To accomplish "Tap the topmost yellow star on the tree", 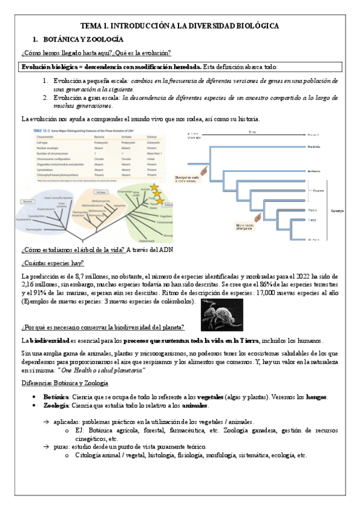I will [154, 187].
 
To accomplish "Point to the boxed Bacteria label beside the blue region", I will [27, 201].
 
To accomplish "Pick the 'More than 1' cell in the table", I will [153, 154].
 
